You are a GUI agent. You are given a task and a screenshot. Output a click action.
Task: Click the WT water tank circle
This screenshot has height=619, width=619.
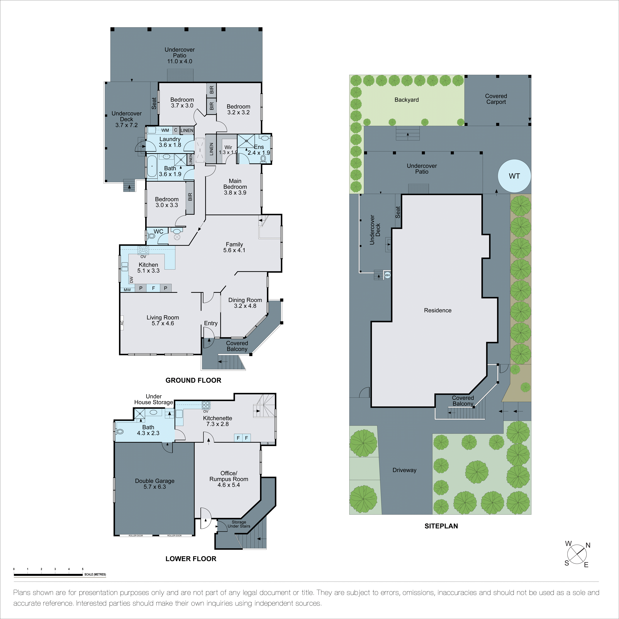[x=514, y=176]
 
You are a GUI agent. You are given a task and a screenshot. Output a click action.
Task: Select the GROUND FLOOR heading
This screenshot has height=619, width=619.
[x=193, y=380]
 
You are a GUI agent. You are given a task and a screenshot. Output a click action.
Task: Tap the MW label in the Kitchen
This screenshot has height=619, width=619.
[x=127, y=290]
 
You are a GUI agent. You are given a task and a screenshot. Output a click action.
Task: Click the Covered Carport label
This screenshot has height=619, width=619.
[x=496, y=99]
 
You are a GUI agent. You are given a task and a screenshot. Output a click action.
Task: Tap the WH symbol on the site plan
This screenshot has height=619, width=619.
[x=387, y=275]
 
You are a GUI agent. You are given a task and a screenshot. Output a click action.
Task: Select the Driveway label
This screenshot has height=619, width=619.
[x=404, y=470]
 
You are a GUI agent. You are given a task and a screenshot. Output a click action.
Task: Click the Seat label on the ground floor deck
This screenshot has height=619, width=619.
[x=154, y=103]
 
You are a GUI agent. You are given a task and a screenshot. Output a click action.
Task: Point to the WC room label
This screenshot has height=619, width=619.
[x=158, y=231]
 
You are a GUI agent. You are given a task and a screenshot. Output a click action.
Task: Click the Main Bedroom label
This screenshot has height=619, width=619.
[x=235, y=187]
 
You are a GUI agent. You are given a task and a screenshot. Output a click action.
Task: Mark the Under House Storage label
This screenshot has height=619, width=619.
[x=154, y=399]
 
